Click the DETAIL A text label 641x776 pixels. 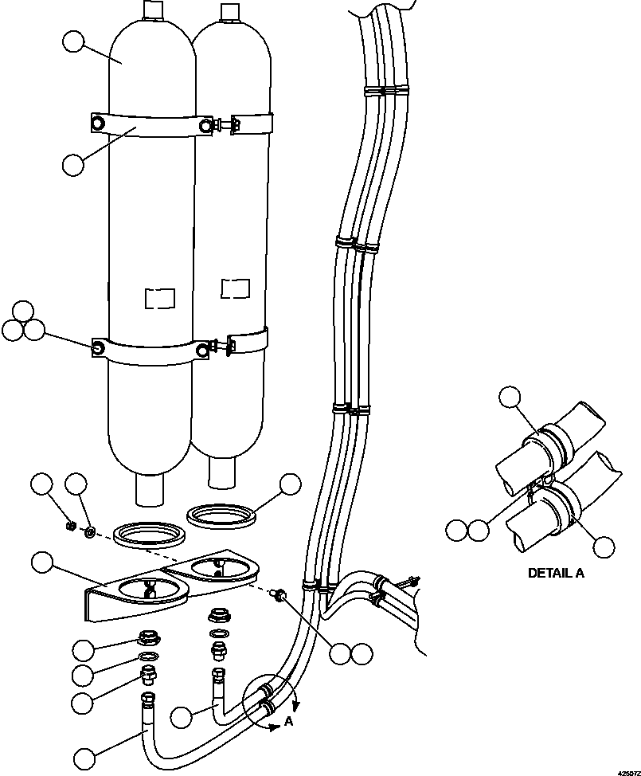click(557, 573)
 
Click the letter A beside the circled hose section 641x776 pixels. click(289, 723)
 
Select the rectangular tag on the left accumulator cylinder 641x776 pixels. click(158, 298)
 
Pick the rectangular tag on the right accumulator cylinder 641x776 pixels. click(235, 287)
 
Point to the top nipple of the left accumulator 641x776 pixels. click(153, 10)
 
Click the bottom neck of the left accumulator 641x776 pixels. click(149, 489)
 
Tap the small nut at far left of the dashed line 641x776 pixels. click(70, 526)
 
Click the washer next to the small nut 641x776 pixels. click(91, 530)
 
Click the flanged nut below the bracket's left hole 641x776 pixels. click(147, 638)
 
